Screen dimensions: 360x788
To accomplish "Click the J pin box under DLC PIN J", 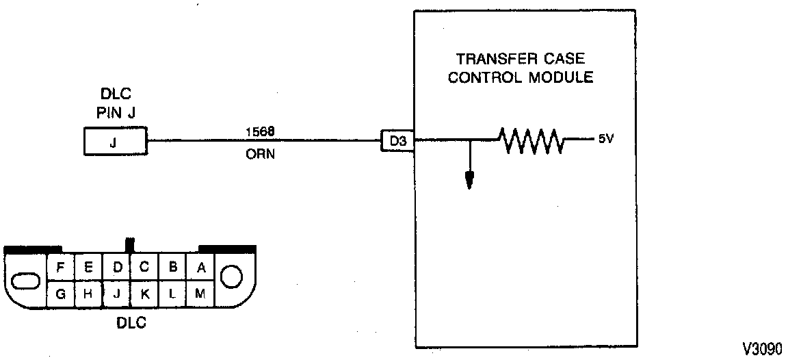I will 114,142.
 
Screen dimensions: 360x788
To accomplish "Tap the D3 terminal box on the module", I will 397,142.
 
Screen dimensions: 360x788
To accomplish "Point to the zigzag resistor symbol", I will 531,141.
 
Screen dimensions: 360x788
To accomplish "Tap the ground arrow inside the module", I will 469,179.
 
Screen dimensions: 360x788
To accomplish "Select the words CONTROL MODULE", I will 520,77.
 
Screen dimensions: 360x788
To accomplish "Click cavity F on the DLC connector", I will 61,268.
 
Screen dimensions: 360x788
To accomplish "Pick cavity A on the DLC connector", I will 200,268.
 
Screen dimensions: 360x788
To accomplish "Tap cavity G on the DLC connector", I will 61,294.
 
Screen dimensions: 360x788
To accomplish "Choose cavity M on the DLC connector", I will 200,294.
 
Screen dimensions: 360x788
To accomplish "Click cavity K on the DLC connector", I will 144,294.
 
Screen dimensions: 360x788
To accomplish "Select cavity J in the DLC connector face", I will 117,294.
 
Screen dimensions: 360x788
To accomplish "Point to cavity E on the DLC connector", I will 89,268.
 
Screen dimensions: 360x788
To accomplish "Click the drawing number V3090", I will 761,348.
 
